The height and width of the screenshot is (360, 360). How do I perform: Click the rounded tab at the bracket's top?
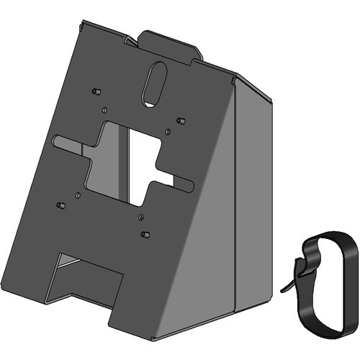pos(171,45)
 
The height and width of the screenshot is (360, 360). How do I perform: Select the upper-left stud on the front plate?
pos(94,92)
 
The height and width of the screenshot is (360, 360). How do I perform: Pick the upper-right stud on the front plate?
pos(181,119)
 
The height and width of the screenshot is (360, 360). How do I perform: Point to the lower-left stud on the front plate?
pos(62,204)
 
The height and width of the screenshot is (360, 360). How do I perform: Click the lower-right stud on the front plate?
pos(145,234)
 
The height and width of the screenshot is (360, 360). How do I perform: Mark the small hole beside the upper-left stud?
pos(104,109)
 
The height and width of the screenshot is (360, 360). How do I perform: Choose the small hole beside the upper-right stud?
pos(168,130)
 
